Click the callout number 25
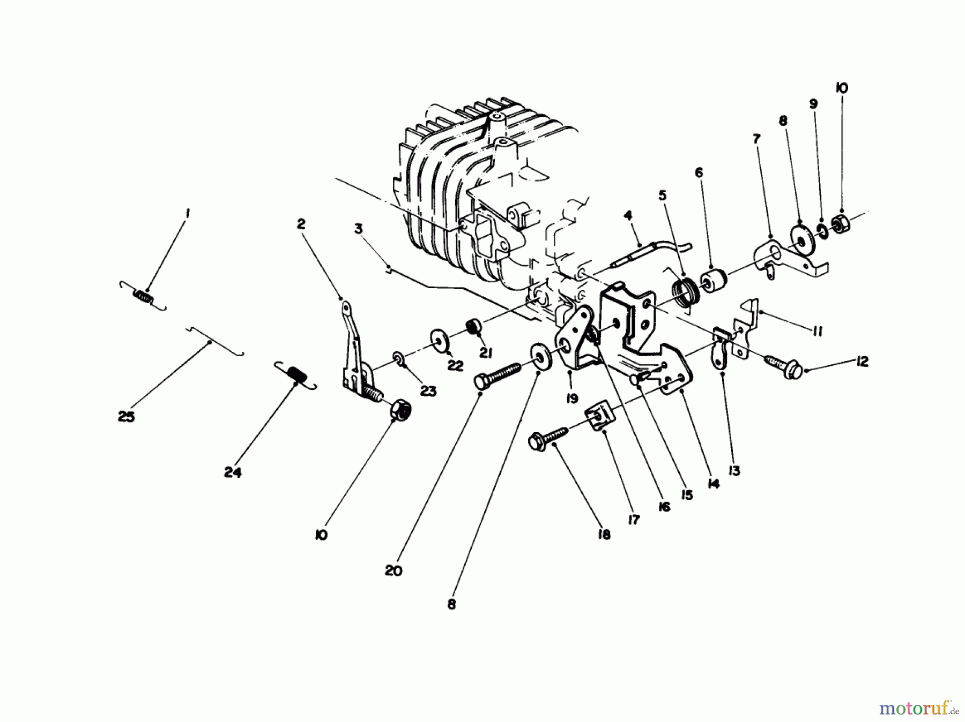126,416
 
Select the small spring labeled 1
143,296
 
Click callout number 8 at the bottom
451,604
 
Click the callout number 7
756,139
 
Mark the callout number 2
301,224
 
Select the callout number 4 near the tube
628,215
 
